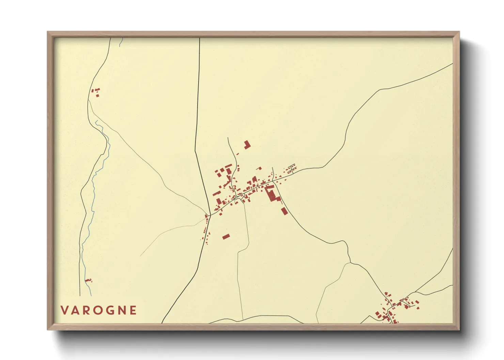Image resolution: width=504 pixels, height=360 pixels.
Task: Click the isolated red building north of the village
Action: (x=247, y=145)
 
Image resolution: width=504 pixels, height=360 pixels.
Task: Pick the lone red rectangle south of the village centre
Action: (x=226, y=236)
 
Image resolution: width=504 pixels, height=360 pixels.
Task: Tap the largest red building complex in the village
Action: (x=271, y=194)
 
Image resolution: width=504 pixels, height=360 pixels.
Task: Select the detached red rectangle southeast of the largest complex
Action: (x=284, y=211)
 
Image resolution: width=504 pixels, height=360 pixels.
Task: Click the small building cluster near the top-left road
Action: (x=96, y=92)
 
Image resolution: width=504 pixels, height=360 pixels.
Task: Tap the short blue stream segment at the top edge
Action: (x=121, y=42)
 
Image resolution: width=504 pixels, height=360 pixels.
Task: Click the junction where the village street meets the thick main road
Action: (x=210, y=215)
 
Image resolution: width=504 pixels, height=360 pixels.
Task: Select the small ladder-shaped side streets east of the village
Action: (x=292, y=168)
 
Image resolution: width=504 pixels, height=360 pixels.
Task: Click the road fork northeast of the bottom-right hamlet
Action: (x=415, y=292)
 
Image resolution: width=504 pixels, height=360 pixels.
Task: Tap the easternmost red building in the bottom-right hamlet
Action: (x=418, y=308)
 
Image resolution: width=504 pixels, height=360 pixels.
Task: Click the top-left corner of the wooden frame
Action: (x=48, y=32)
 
